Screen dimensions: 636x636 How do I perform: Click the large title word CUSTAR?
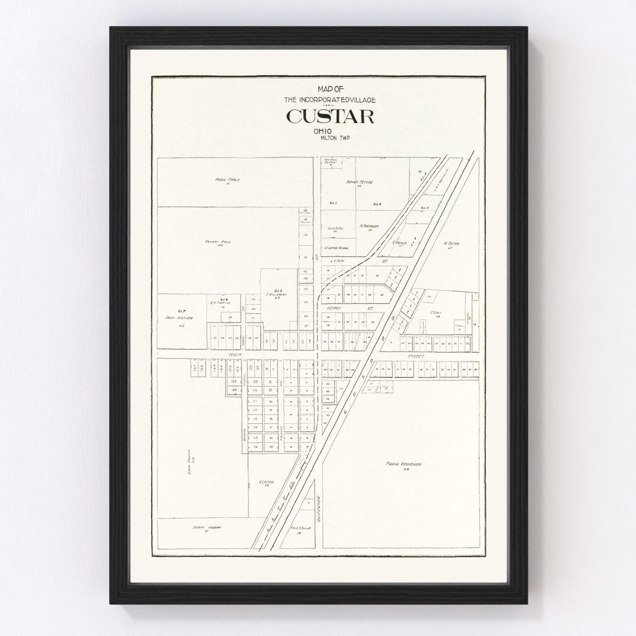point(330,117)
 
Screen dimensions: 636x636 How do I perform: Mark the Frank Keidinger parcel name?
point(403,465)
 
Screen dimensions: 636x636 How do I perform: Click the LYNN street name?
point(337,260)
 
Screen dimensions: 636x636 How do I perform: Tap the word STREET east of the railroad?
point(416,356)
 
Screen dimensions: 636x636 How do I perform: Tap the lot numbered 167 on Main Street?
point(194,367)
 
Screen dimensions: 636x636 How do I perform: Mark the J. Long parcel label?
point(436,313)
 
